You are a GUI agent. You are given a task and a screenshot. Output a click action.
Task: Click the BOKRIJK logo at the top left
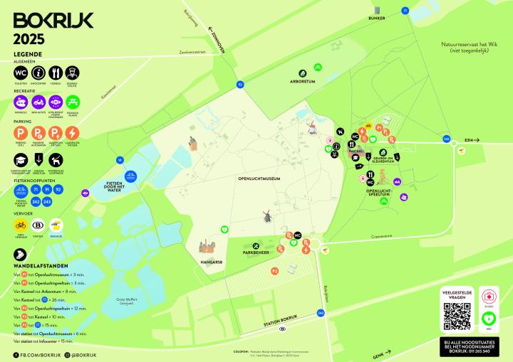[53, 20]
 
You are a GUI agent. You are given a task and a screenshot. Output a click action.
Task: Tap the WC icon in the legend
[20, 73]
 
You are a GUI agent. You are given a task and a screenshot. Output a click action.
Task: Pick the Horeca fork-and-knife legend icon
[56, 73]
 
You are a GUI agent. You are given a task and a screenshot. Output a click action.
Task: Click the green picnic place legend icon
[73, 102]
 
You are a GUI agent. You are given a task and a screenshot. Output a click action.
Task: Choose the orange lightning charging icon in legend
[73, 133]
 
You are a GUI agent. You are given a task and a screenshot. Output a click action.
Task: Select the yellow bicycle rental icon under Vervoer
[21, 225]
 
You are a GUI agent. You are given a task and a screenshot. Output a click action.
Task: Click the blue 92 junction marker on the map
[240, 85]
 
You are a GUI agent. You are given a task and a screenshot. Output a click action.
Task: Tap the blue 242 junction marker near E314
[446, 140]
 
